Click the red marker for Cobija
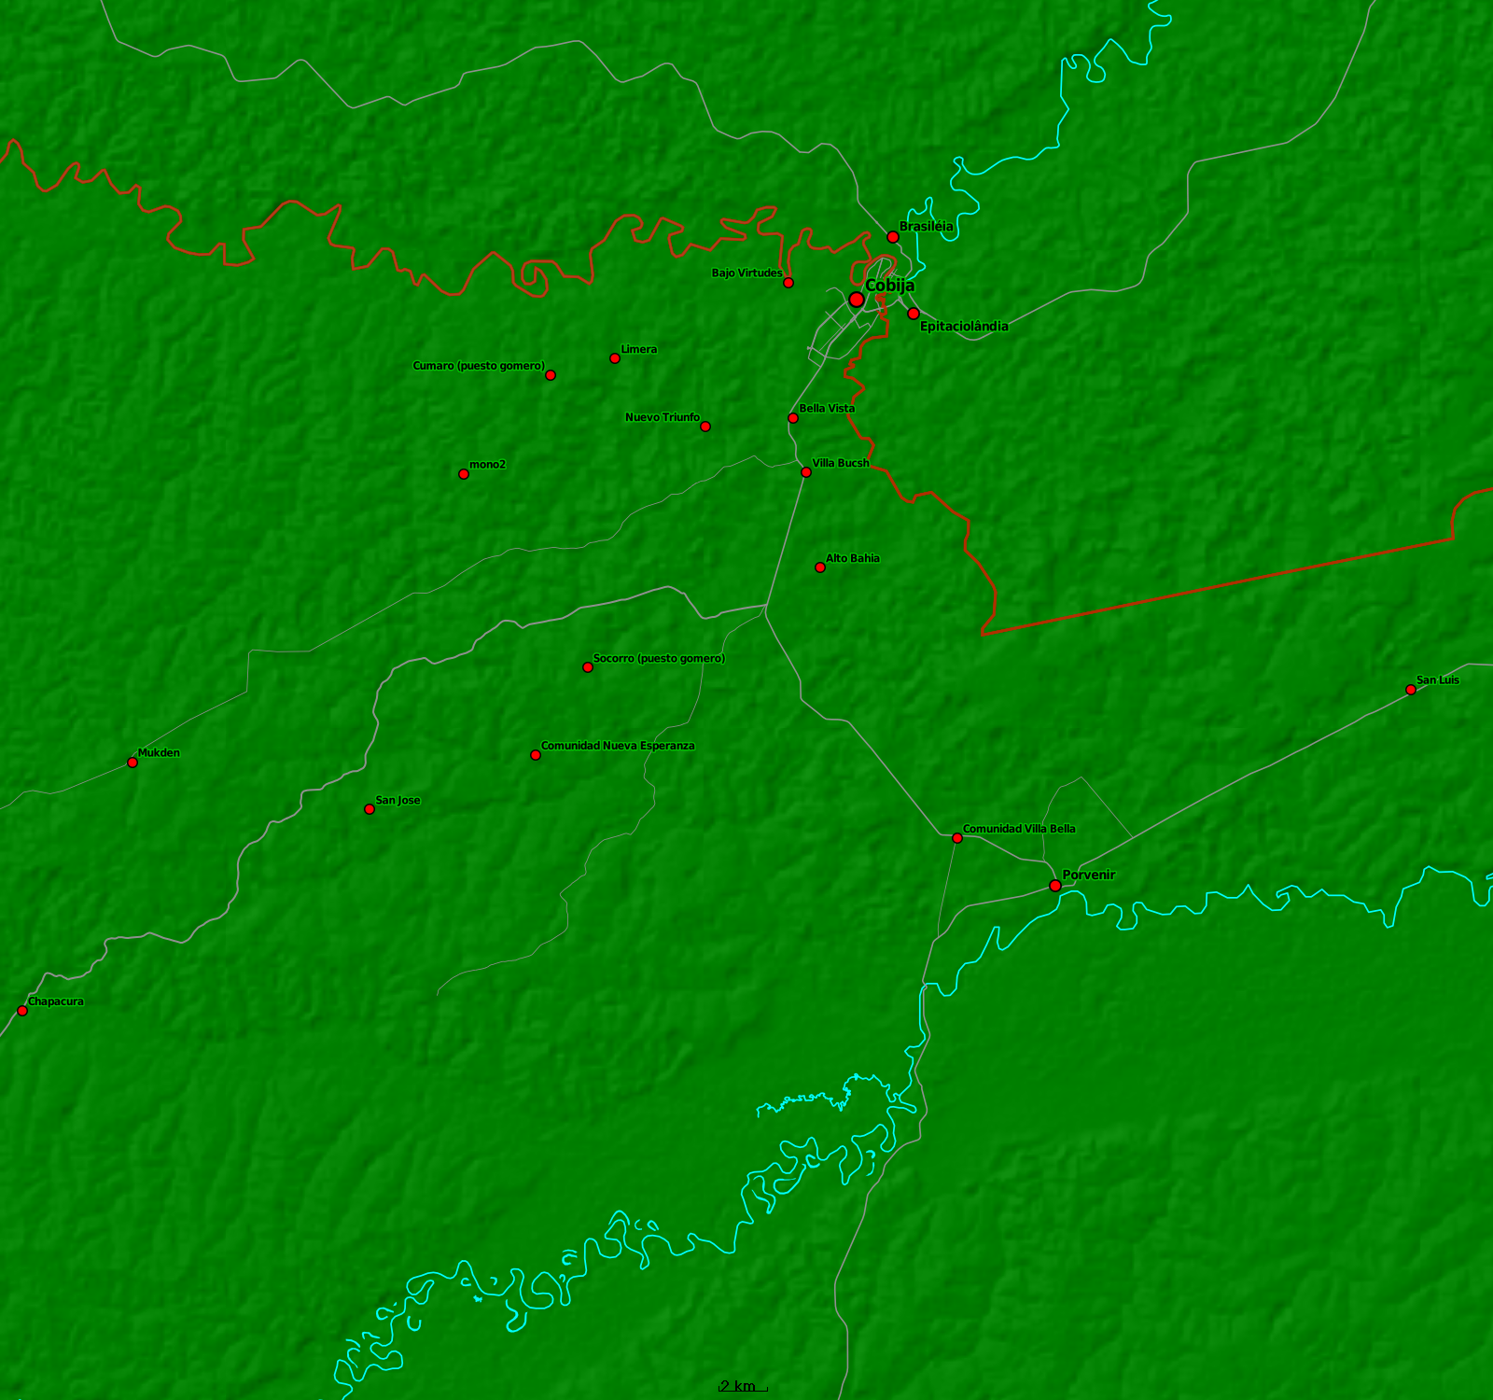(x=856, y=300)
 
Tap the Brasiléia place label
(x=926, y=227)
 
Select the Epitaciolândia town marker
(x=914, y=314)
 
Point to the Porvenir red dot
(x=1055, y=886)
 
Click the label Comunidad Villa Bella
(x=1018, y=829)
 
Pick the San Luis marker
(x=1411, y=690)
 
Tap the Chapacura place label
(x=56, y=1001)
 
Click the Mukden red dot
(x=133, y=763)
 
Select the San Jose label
(x=398, y=801)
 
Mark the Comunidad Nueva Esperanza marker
(x=536, y=755)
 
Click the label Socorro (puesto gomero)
(x=659, y=659)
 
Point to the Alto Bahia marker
(x=820, y=567)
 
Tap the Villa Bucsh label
(x=840, y=463)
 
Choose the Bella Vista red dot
(x=793, y=418)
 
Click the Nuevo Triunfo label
(x=662, y=417)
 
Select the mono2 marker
(x=464, y=474)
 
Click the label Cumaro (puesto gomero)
(x=478, y=366)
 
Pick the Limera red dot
(x=615, y=358)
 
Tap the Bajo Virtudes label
(x=746, y=273)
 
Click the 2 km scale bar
(x=743, y=1387)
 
